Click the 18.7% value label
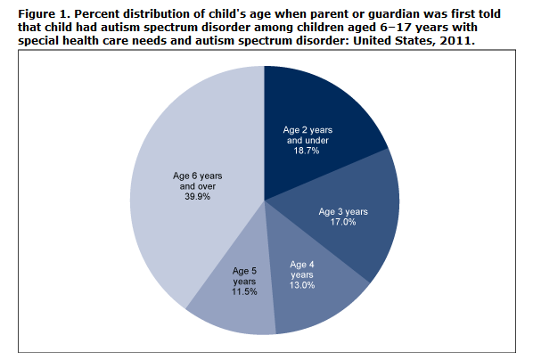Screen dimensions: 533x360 point(307,151)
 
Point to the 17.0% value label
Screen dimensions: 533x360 point(343,222)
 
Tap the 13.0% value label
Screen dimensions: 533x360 point(302,285)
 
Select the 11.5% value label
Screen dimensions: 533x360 point(244,291)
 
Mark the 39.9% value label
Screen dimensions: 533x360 point(198,197)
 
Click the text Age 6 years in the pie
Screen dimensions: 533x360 point(198,176)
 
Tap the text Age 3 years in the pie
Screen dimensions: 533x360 point(343,212)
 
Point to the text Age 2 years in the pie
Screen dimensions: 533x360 point(307,130)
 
